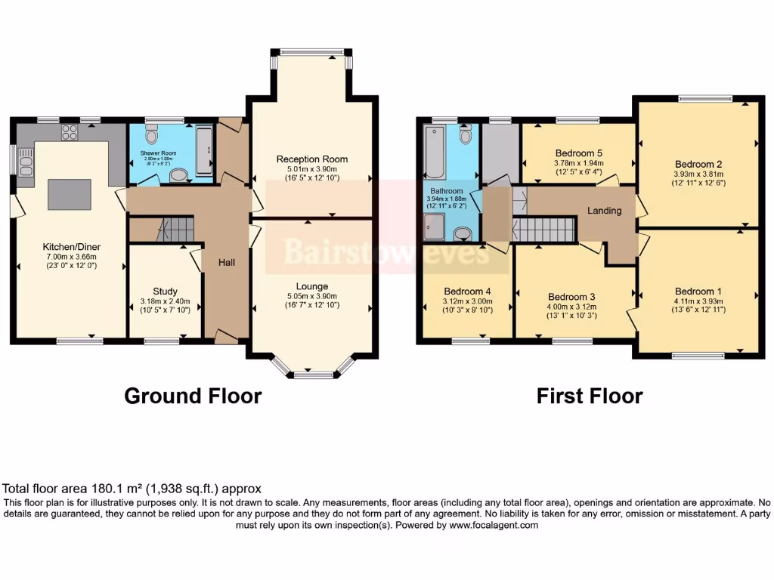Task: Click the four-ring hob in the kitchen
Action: (x=70, y=132)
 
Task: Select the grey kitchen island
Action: (x=70, y=194)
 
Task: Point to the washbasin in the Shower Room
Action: (x=179, y=176)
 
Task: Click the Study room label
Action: (x=165, y=292)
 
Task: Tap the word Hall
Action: (x=226, y=262)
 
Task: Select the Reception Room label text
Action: (x=311, y=159)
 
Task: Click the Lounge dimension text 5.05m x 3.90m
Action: (x=311, y=296)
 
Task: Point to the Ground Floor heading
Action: (x=193, y=396)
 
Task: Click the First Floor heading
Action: (x=590, y=396)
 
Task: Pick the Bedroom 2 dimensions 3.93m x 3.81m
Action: (x=698, y=174)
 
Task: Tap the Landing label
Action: (x=605, y=211)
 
